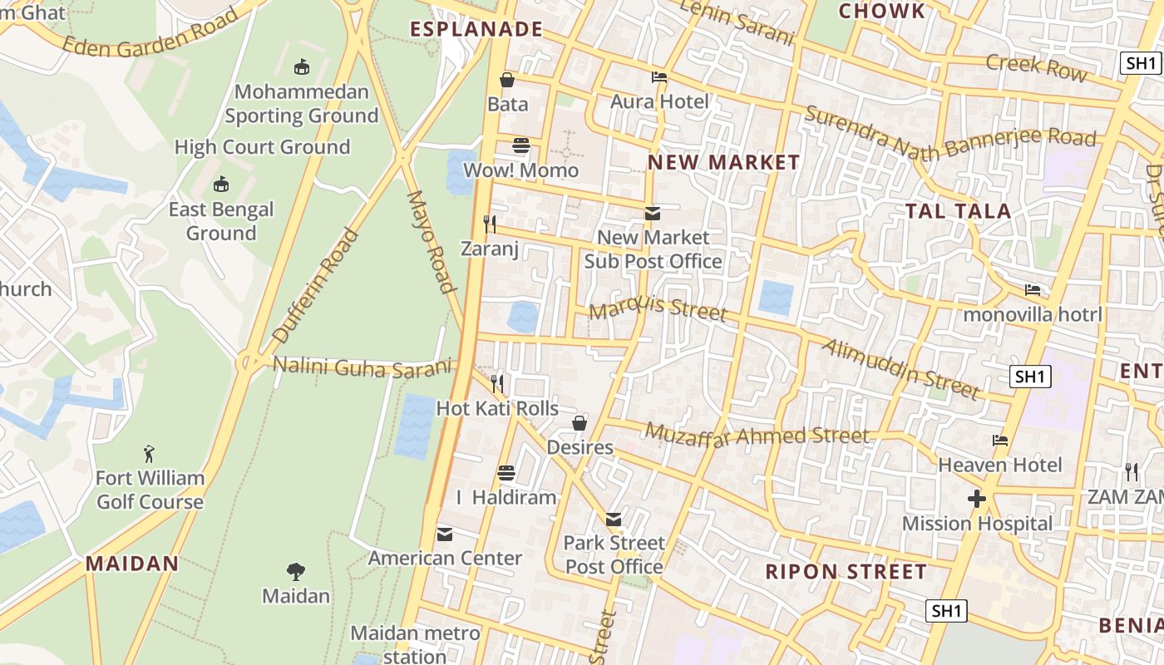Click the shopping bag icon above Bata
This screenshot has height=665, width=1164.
click(506, 80)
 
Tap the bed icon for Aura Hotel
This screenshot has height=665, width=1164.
click(659, 77)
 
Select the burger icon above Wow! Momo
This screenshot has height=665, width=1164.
click(521, 145)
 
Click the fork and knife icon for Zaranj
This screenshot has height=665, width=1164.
click(490, 224)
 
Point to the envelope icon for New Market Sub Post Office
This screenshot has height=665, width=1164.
click(653, 214)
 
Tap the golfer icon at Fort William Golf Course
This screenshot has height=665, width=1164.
click(149, 454)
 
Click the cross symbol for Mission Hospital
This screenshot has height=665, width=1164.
click(977, 499)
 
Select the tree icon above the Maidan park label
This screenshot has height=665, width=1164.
click(295, 572)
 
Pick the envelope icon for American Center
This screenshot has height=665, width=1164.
click(445, 534)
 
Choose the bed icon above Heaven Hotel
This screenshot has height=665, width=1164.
click(1000, 441)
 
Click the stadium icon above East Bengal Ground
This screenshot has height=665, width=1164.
click(221, 185)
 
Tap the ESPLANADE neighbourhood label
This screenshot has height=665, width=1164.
click(476, 30)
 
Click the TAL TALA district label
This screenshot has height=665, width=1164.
click(958, 211)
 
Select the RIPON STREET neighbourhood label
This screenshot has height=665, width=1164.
click(846, 572)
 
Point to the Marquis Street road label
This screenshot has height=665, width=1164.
click(658, 308)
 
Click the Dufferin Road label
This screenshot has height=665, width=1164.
click(315, 286)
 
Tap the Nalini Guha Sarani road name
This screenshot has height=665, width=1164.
click(363, 367)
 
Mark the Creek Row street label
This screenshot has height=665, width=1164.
click(1036, 66)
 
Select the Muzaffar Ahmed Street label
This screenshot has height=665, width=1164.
click(757, 435)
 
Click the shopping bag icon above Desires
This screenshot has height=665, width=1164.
click(580, 423)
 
